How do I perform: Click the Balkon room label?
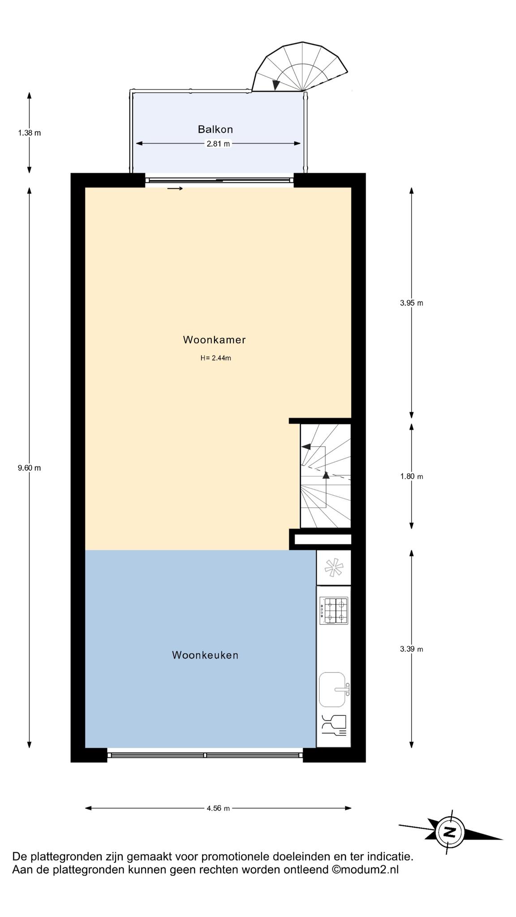click(x=215, y=129)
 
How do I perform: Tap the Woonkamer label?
click(x=215, y=340)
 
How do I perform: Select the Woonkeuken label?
click(x=205, y=655)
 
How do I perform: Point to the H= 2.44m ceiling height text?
click(x=216, y=358)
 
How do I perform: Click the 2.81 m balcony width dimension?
click(x=218, y=144)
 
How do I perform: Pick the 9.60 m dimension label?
click(x=29, y=468)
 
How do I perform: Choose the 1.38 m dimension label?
click(x=29, y=133)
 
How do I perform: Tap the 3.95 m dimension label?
click(x=412, y=303)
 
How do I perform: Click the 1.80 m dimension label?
click(x=412, y=476)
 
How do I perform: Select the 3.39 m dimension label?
click(x=412, y=649)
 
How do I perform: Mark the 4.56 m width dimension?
click(x=218, y=808)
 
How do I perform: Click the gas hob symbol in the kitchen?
click(x=334, y=611)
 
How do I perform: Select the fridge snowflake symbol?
click(x=334, y=568)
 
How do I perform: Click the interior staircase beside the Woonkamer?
click(x=326, y=476)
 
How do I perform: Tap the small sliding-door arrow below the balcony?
click(x=175, y=189)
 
